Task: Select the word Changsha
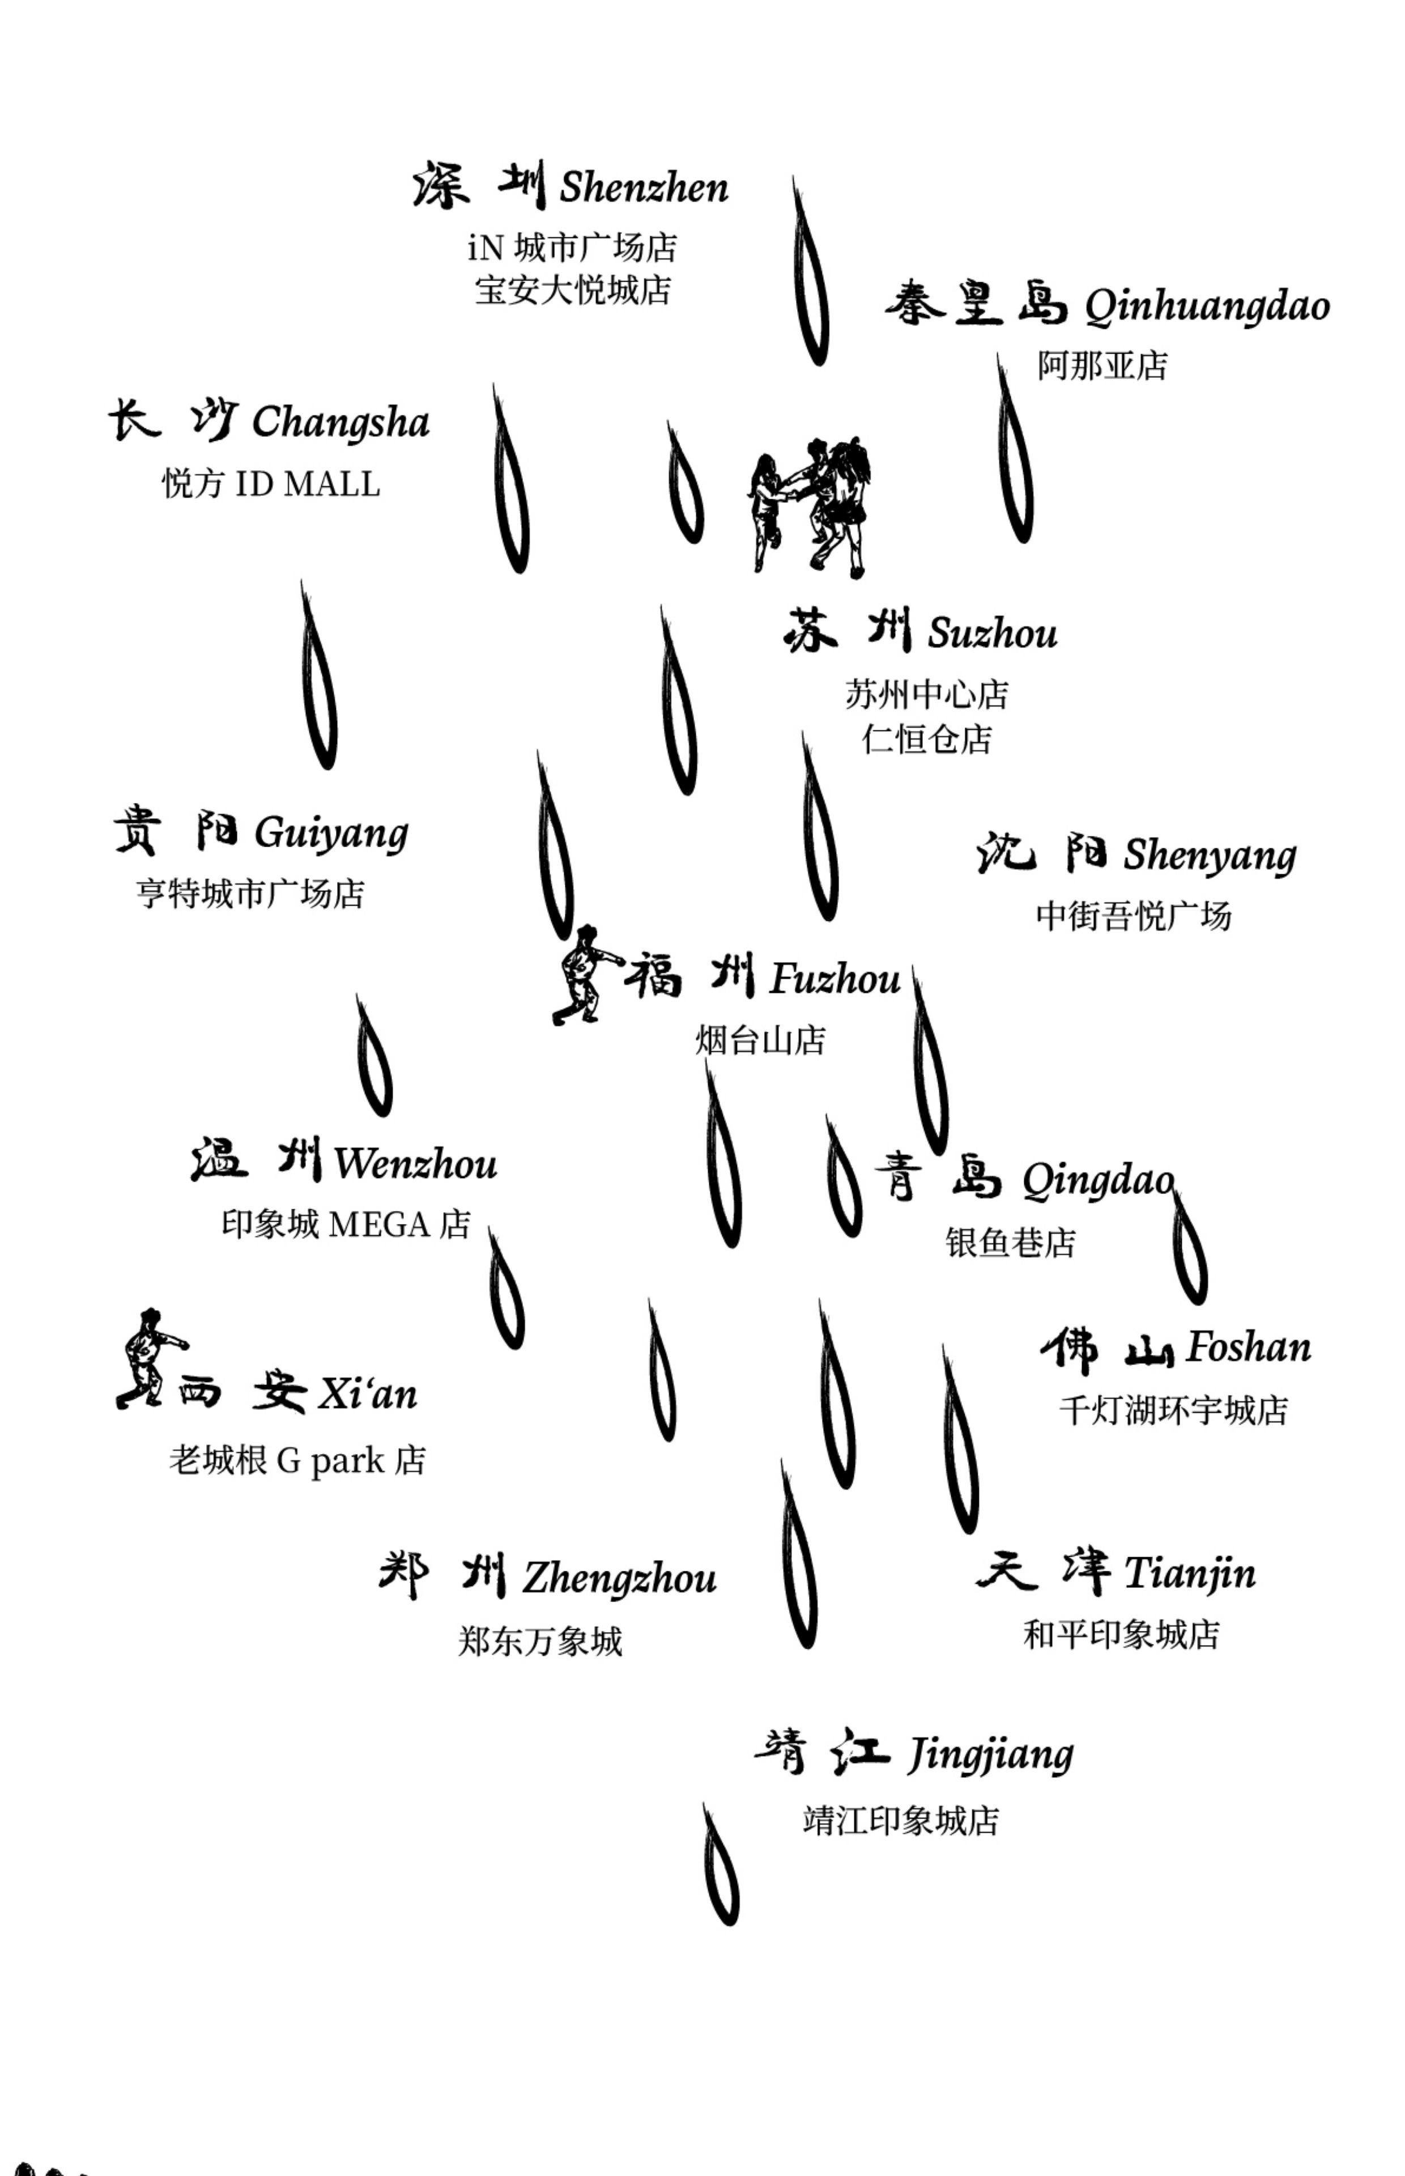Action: (x=340, y=422)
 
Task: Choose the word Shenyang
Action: (x=1209, y=855)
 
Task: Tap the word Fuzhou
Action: (x=835, y=979)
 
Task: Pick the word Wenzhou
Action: (x=415, y=1163)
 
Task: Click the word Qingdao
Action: (x=1097, y=1180)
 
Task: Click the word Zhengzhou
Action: (x=619, y=1578)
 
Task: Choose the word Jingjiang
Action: (x=991, y=1754)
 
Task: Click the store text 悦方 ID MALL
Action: (x=271, y=483)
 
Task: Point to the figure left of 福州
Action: (x=585, y=975)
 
